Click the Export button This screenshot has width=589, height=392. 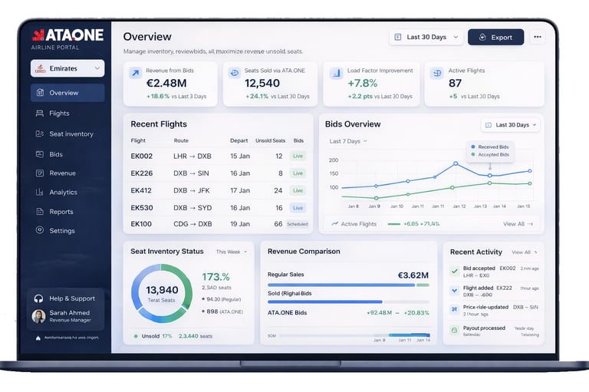[495, 37]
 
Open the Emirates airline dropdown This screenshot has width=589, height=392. [67, 68]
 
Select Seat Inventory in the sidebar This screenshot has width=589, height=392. [71, 134]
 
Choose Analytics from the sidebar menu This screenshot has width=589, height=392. [63, 193]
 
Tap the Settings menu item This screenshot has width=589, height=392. [61, 231]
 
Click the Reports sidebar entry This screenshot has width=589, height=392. [61, 212]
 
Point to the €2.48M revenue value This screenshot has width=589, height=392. [166, 83]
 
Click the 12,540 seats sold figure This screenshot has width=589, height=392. [262, 83]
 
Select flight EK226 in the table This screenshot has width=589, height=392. [142, 173]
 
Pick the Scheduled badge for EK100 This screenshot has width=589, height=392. [298, 224]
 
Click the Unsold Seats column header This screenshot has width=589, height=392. [270, 140]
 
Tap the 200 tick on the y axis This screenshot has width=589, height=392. [333, 160]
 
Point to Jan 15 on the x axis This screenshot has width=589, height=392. [523, 206]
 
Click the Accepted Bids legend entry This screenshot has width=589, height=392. [494, 155]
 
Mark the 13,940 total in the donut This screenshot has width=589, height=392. [162, 290]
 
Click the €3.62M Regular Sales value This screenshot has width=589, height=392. [413, 275]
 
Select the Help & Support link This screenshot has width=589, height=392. [72, 298]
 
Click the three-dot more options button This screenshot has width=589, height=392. [537, 37]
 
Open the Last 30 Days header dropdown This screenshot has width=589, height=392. [426, 37]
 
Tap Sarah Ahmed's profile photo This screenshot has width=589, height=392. [38, 316]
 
